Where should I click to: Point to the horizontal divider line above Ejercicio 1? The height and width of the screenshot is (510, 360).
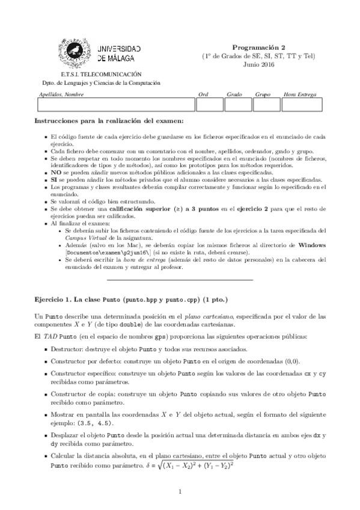180,280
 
